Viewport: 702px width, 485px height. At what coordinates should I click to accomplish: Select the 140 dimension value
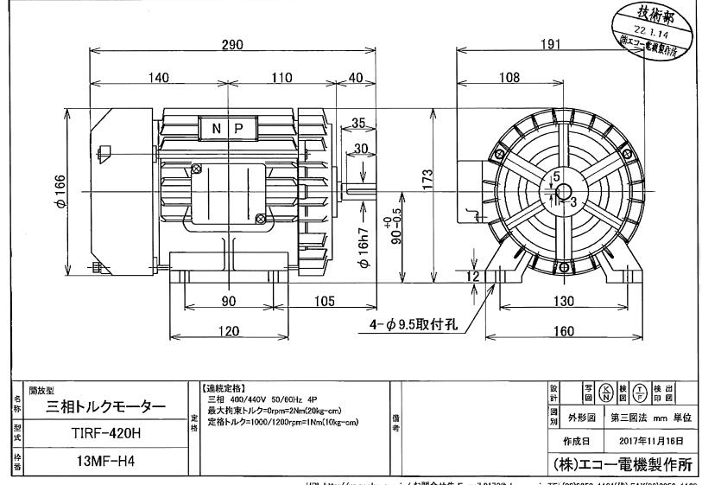pos(158,78)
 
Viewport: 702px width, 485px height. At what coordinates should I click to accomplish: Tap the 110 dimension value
pos(281,78)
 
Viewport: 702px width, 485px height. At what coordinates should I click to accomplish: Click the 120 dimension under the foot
pos(230,332)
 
